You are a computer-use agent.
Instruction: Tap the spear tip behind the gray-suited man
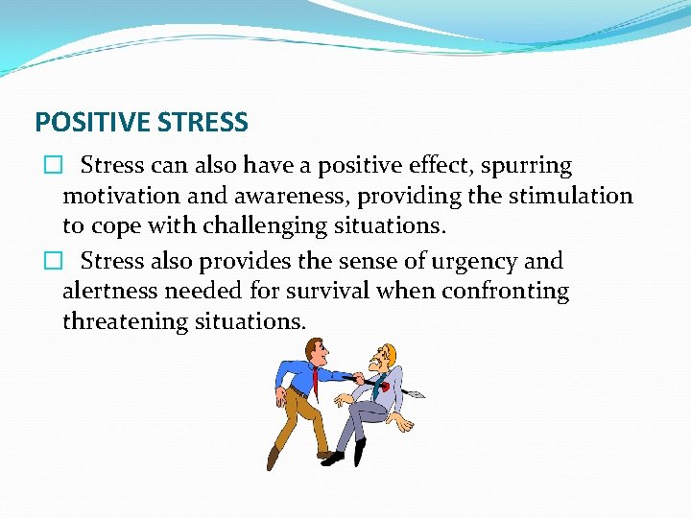click(415, 393)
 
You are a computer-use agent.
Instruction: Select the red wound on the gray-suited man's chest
click(385, 387)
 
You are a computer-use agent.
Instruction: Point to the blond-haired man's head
click(387, 356)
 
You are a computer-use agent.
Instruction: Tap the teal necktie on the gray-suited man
click(377, 390)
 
